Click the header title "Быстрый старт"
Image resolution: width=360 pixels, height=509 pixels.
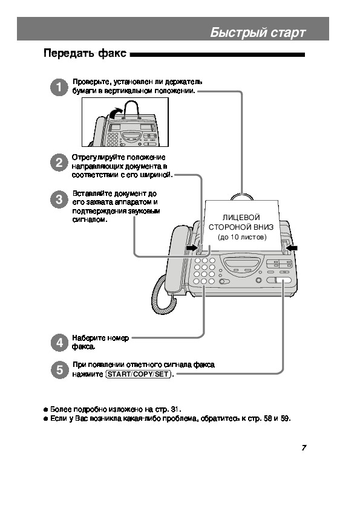(x=258, y=33)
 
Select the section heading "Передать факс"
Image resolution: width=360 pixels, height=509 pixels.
(x=85, y=53)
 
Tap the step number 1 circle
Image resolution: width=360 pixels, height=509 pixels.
(x=59, y=87)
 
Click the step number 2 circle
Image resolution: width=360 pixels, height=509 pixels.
(x=59, y=162)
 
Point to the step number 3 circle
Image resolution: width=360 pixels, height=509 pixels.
(x=59, y=199)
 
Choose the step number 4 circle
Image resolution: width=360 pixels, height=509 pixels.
(x=59, y=343)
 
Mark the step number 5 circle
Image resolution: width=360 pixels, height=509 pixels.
(x=59, y=370)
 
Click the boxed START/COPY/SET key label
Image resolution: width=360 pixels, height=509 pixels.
(x=139, y=374)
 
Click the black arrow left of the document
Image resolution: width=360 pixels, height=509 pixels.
(x=192, y=248)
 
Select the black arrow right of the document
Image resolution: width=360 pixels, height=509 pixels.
(x=292, y=248)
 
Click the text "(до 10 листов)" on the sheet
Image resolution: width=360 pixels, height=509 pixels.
(x=242, y=238)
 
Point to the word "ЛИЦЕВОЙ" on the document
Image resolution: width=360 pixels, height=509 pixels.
(x=241, y=218)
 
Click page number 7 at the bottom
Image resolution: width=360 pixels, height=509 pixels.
(x=304, y=448)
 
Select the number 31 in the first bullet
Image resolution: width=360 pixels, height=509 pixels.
(x=174, y=409)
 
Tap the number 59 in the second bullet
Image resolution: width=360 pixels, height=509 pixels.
(x=284, y=418)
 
